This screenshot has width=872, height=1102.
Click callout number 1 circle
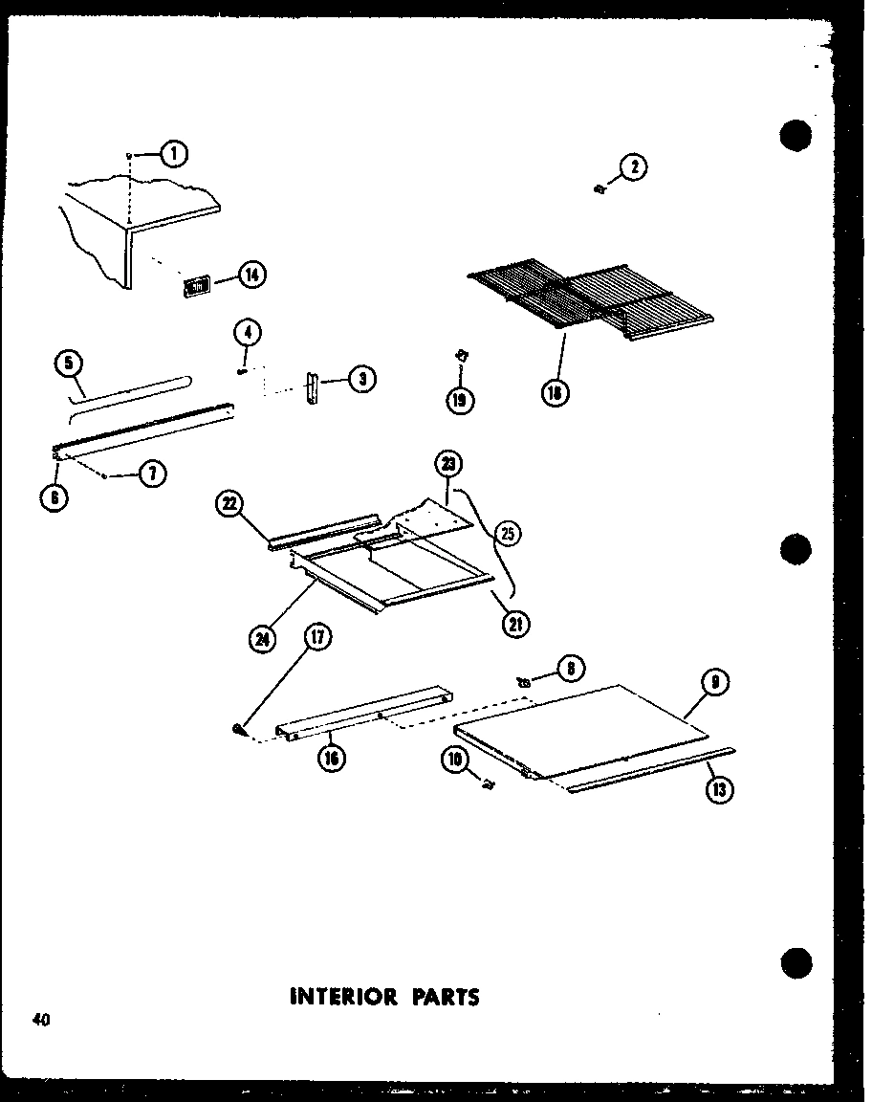click(173, 153)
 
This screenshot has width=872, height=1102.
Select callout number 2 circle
click(632, 168)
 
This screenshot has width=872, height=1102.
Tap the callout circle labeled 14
click(251, 275)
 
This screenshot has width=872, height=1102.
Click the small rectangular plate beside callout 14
click(197, 285)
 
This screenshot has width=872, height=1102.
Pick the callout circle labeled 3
click(360, 380)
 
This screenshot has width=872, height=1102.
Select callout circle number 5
click(69, 363)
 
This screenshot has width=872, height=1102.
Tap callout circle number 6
click(55, 497)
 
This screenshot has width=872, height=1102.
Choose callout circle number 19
click(461, 399)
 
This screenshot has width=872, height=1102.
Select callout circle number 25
click(507, 534)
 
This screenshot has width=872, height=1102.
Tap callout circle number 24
click(261, 639)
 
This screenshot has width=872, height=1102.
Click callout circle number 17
click(316, 636)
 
